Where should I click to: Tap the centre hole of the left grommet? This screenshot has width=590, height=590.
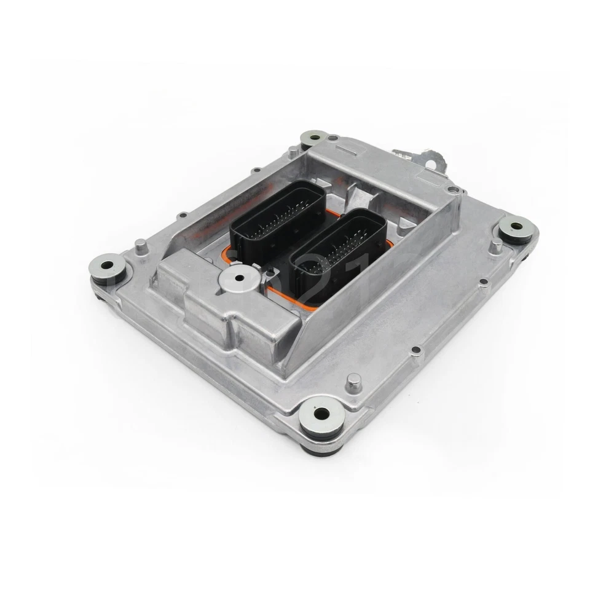(x=109, y=265)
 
